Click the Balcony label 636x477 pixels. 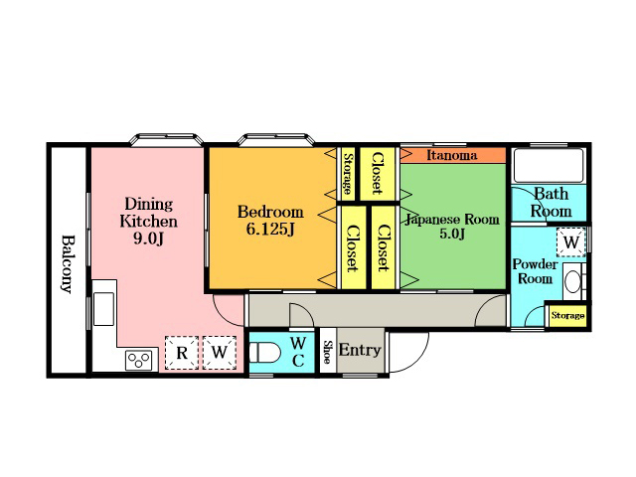(68, 263)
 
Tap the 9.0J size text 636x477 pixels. (148, 238)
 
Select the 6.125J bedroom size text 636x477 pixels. (270, 230)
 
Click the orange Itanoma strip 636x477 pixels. (453, 155)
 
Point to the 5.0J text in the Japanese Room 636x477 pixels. (452, 235)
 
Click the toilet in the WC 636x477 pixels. (264, 353)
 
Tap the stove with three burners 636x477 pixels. (139, 360)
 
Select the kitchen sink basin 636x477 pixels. (103, 309)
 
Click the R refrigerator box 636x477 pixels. (181, 353)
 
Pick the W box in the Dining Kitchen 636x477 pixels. (220, 353)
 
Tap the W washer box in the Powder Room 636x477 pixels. (571, 242)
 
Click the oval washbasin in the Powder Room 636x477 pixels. (572, 281)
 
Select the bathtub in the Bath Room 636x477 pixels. (549, 166)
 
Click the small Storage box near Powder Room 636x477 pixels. (567, 316)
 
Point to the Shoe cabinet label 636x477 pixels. (327, 351)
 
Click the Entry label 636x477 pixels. (360, 350)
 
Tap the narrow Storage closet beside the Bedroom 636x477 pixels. (348, 174)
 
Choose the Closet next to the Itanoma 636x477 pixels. (378, 174)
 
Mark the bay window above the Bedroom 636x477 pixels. (276, 140)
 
